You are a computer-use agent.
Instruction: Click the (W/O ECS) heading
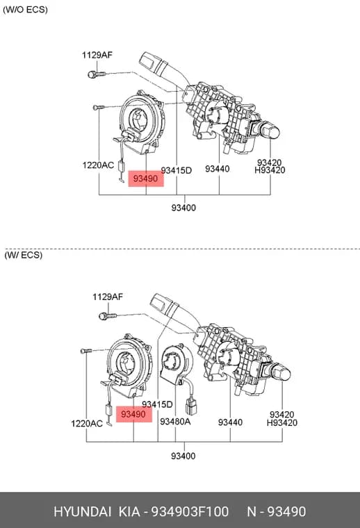pos(25,10)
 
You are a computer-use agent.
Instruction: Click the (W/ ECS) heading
pos(24,254)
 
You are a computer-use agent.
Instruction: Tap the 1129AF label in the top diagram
pos(97,55)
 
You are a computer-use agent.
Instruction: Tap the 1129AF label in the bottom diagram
pos(108,297)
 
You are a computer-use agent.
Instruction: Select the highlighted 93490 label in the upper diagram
pos(145,179)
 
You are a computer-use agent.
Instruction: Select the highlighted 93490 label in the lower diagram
pos(133,414)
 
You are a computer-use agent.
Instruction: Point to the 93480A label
pos(175,421)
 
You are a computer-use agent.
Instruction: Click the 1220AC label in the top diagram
pos(98,165)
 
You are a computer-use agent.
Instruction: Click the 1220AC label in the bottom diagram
pos(87,423)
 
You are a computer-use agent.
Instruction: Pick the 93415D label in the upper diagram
pos(176,170)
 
